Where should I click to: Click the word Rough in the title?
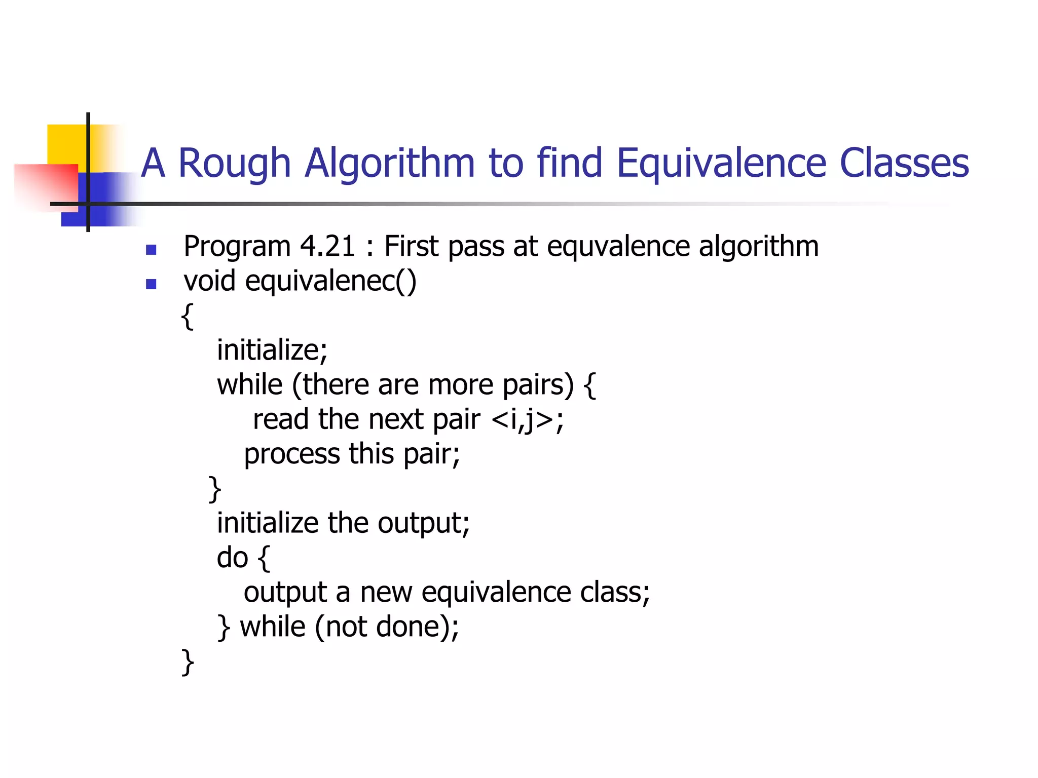coord(234,164)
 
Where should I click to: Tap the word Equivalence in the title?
coord(721,164)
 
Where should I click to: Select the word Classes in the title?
coord(904,164)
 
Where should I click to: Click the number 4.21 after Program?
coord(327,247)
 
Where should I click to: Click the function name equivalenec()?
coord(330,281)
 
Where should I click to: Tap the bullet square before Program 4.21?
coord(151,250)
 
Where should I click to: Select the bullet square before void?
coord(151,284)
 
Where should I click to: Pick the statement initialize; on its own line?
coord(272,350)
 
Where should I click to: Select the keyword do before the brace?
coord(232,558)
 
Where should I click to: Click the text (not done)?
coord(387,627)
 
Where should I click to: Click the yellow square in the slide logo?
coord(66,144)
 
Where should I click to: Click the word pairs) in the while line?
coord(538,385)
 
